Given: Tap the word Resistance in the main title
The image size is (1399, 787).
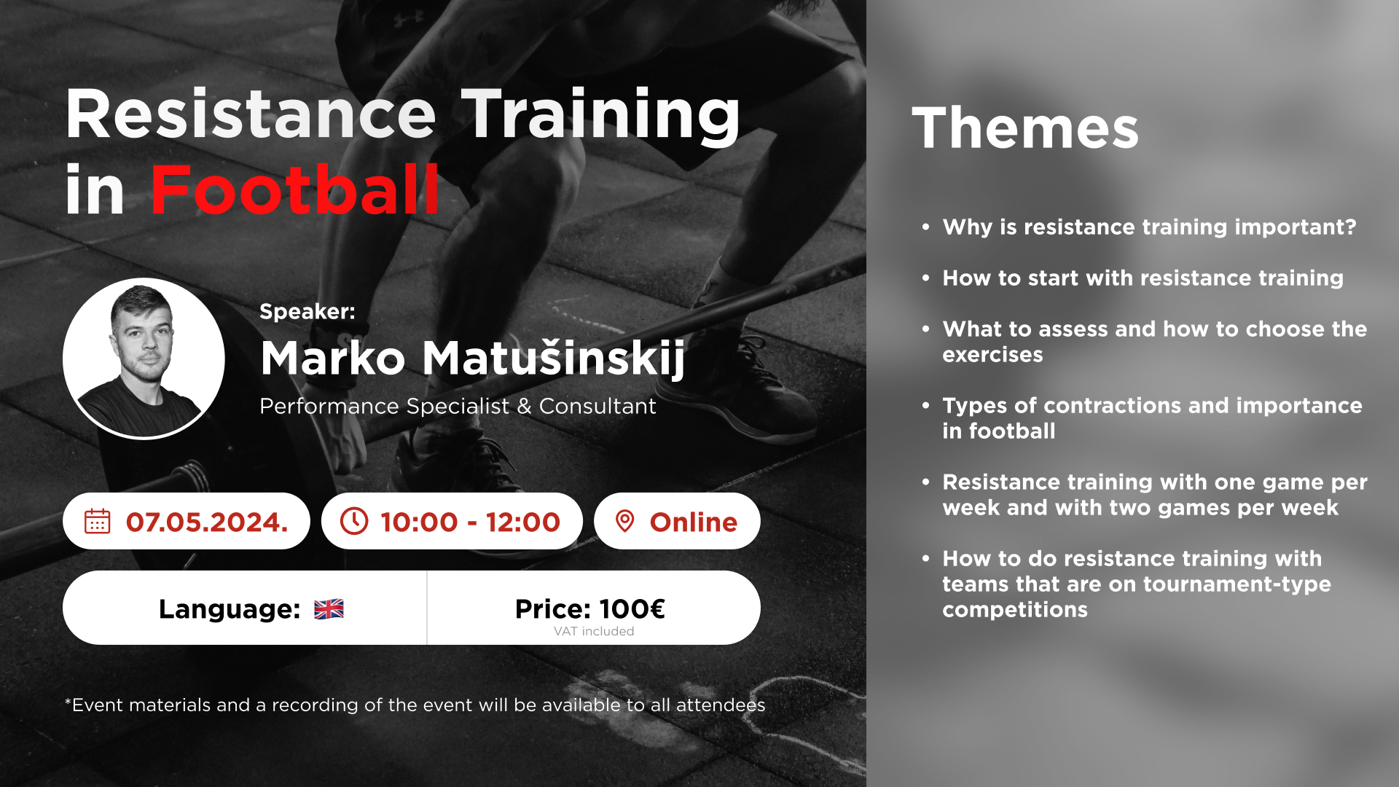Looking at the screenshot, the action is click(251, 114).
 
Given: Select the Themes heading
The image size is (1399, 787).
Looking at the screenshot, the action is click(1025, 128).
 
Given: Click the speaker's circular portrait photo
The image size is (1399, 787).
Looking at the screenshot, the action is click(144, 359).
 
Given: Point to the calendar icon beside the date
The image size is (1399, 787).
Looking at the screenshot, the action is click(98, 521).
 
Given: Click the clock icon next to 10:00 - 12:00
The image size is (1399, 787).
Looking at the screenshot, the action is click(354, 521).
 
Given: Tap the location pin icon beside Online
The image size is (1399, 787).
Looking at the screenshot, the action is click(624, 521).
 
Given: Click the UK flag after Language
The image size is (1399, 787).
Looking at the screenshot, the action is click(329, 608).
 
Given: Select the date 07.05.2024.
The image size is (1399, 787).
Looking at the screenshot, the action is click(207, 522).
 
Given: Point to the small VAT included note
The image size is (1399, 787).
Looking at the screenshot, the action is click(594, 631).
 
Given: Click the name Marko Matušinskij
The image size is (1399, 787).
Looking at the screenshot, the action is click(473, 359).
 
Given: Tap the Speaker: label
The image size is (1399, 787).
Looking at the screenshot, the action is click(307, 311).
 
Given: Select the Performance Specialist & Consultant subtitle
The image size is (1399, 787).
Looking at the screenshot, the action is click(458, 406).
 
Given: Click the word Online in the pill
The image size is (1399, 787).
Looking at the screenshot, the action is click(694, 522).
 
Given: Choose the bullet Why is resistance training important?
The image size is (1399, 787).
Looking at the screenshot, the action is click(1149, 227).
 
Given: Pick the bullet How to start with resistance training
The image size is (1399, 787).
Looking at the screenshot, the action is click(1143, 278).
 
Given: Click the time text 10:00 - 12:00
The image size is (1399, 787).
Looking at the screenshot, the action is click(470, 522).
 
